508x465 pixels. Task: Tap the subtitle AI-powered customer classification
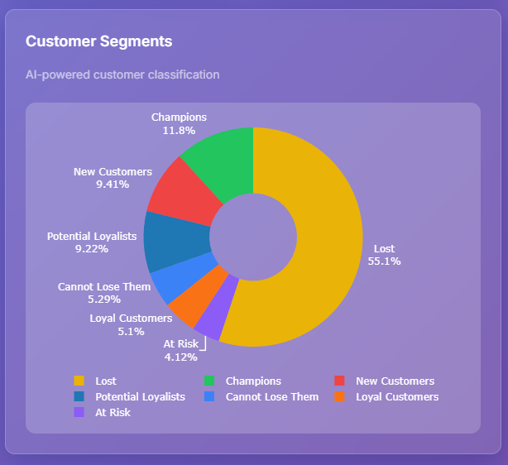tap(122, 74)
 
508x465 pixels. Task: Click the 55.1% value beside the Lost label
tap(384, 261)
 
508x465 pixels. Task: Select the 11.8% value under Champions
tap(179, 131)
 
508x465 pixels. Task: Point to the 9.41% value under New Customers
tap(113, 185)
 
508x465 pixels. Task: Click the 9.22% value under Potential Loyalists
tap(91, 248)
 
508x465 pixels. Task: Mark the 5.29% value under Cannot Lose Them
tap(104, 300)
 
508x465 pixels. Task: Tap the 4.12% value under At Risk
tap(180, 357)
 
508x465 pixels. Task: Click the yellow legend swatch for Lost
tap(79, 381)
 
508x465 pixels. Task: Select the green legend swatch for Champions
tap(209, 381)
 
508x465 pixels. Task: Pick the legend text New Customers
tap(395, 381)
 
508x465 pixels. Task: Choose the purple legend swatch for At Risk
tap(79, 412)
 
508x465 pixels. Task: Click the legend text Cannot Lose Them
tap(271, 397)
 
